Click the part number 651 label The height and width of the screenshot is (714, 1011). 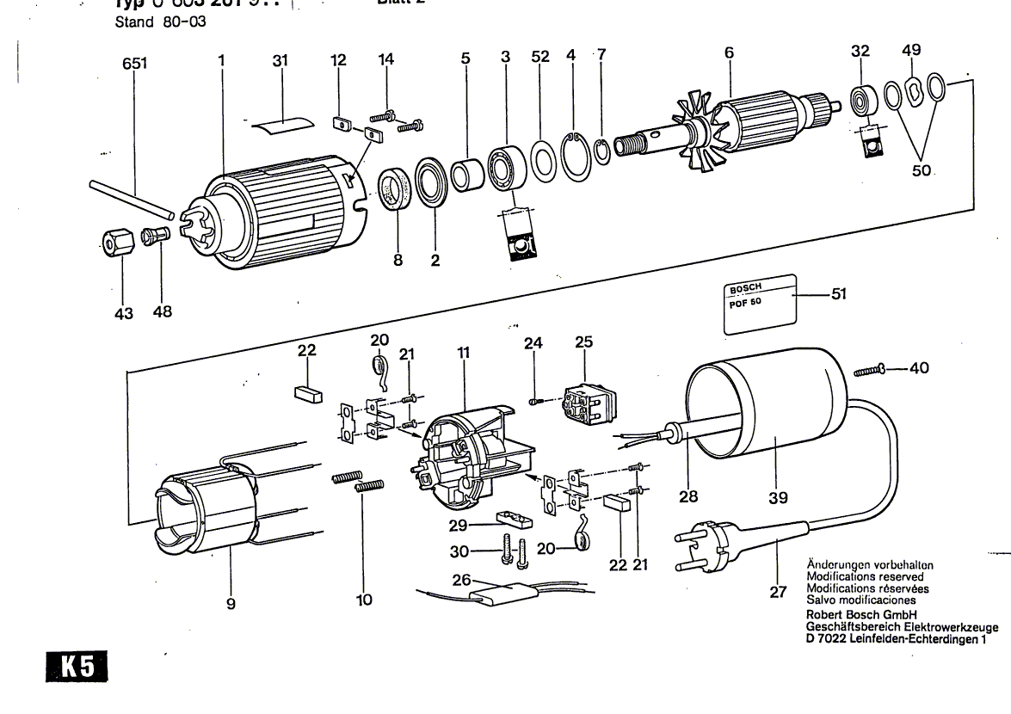134,64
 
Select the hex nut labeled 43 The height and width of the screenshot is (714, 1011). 114,243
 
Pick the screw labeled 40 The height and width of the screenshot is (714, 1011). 871,371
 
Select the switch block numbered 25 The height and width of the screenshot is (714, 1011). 585,403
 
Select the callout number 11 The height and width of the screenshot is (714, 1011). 464,353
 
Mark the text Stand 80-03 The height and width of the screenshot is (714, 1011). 160,22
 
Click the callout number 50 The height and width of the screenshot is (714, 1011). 922,171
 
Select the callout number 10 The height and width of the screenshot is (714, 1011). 365,600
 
